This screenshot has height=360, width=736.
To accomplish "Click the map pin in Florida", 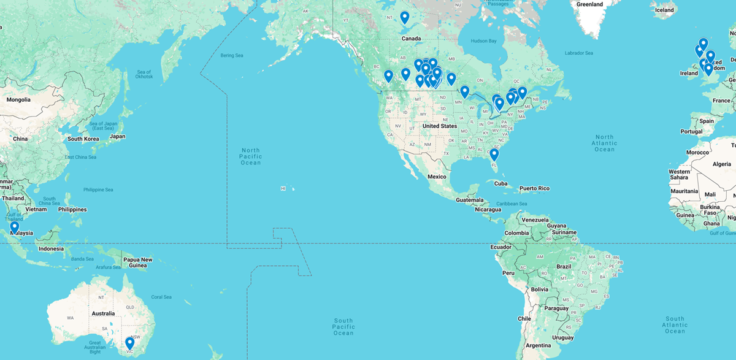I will tap(494, 154).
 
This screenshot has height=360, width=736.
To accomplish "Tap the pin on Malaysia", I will tap(14, 227).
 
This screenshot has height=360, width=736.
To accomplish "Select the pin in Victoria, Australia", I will tap(129, 343).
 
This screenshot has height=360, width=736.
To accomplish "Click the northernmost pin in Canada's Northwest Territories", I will tap(404, 17).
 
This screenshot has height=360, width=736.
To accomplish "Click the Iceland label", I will tap(664, 10).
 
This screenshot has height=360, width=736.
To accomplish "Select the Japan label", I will tap(117, 136).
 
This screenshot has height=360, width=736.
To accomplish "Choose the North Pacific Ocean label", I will tap(251, 156).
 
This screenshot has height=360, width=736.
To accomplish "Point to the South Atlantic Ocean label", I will tap(675, 325).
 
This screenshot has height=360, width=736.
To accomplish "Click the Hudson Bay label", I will tap(483, 40).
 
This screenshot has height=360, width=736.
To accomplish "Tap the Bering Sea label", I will tap(231, 55).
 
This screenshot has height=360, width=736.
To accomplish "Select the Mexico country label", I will tap(437, 177).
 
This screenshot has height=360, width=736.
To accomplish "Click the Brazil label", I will tap(563, 267).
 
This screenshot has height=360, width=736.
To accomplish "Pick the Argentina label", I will tap(538, 346).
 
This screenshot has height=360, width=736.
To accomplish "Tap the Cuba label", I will tap(501, 183).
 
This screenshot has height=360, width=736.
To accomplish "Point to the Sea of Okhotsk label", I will tap(144, 74).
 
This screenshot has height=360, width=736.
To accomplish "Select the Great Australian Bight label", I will tap(94, 347).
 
